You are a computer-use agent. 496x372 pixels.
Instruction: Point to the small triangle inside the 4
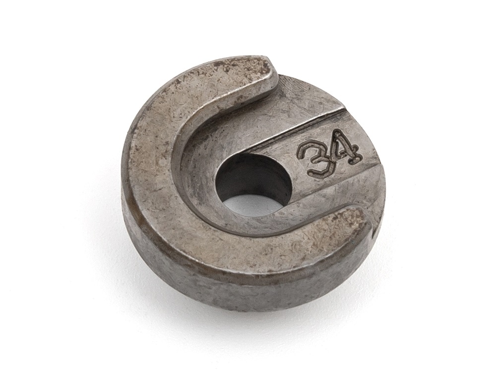(x=344, y=145)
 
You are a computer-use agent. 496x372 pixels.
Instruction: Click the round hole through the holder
(x=252, y=184)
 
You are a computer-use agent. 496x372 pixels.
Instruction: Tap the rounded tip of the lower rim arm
(x=361, y=218)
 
